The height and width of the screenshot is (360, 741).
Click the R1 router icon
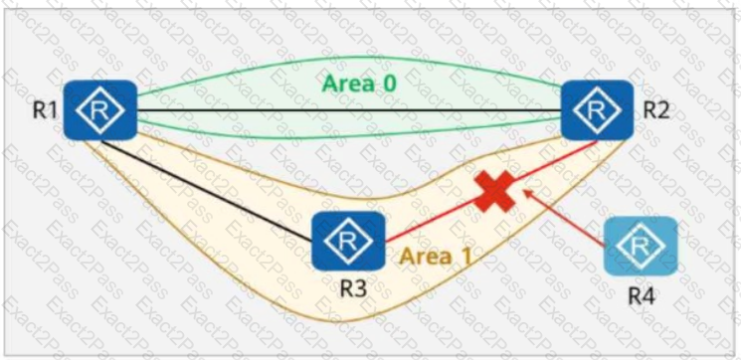[100, 110]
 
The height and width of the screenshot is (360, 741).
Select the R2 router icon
[597, 110]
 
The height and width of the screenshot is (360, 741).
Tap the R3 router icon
[348, 241]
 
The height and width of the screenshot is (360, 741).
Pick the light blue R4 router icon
[641, 246]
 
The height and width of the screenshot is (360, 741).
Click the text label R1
[45, 110]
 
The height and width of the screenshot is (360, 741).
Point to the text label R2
[656, 110]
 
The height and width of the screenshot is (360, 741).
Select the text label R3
[354, 289]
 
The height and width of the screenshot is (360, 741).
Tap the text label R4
[642, 295]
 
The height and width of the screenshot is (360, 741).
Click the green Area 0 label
[359, 85]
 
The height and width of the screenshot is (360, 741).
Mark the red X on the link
[494, 191]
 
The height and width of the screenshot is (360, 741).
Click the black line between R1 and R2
[349, 110]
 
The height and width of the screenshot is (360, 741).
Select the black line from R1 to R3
[207, 191]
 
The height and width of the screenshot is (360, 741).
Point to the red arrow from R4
[564, 218]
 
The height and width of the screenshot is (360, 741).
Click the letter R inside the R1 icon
[100, 110]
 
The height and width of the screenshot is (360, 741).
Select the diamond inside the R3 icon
[348, 242]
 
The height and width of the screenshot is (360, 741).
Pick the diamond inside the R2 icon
[597, 110]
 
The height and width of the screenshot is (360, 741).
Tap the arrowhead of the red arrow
[525, 191]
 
